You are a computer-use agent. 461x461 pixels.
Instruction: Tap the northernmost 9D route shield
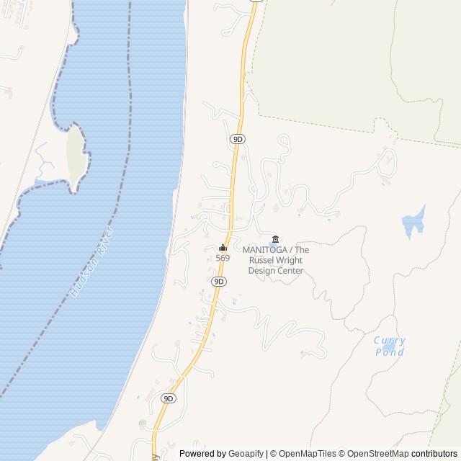[x=238, y=138]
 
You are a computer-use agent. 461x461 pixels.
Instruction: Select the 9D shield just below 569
[x=220, y=281]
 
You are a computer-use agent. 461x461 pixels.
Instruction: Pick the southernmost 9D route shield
[x=169, y=398]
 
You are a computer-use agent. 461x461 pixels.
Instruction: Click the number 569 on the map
[x=223, y=258]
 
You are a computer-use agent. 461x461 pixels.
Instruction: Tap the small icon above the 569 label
[x=223, y=248]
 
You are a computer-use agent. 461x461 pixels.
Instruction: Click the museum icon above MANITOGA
[x=274, y=240]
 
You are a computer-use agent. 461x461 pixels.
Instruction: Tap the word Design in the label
[x=262, y=271]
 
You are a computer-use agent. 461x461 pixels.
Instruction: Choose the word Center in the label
[x=291, y=271]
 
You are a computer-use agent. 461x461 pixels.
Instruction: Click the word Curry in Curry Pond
[x=390, y=341]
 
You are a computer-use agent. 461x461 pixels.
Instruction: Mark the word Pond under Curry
[x=390, y=352]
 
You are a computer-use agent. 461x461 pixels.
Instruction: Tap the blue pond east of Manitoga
[x=413, y=223]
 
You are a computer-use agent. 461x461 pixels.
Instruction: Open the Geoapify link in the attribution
[x=246, y=454]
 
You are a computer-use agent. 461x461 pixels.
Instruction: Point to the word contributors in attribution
[x=434, y=454]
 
